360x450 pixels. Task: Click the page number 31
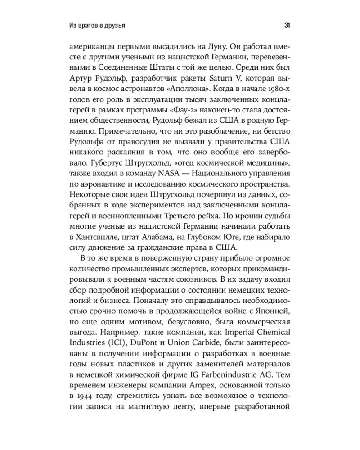287,26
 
